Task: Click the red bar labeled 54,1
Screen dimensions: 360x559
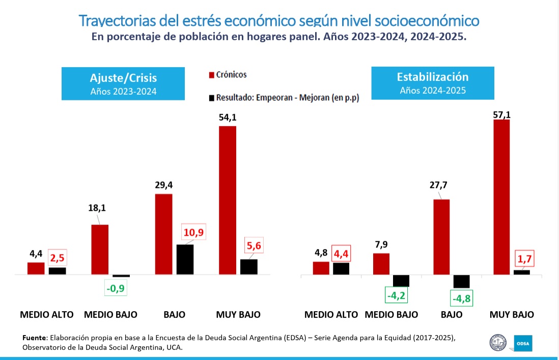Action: point(228,200)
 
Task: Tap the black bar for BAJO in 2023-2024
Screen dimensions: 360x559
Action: point(185,260)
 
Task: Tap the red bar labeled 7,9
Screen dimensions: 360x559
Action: point(381,264)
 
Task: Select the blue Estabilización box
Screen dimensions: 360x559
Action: point(432,83)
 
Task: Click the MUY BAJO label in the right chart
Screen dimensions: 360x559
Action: point(512,315)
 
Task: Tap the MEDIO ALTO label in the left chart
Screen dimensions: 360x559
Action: point(47,315)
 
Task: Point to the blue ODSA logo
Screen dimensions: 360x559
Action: point(523,343)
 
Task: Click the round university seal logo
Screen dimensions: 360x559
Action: point(497,342)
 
